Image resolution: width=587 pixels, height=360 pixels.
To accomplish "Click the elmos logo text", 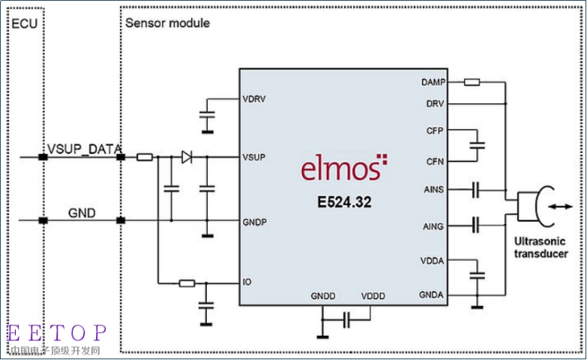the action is pos(343,167).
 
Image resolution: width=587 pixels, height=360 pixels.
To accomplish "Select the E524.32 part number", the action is pos(344,202).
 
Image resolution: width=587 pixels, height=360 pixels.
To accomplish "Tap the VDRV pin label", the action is pos(254,99).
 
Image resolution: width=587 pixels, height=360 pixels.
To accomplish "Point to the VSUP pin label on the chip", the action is pos(254,157).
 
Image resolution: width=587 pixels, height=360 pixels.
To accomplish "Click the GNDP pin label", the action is pos(255,222).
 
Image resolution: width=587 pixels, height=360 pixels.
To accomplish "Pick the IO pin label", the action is pos(247,282).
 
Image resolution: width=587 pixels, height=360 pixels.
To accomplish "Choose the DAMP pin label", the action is pos(433,82).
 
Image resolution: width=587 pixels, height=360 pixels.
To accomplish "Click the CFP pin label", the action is pos(435,130).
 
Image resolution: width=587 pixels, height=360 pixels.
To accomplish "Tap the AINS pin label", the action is pos(434,190).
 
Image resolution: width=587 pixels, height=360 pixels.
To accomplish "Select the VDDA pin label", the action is pos(432,261).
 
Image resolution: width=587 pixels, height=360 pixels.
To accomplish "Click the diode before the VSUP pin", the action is pos(187,157).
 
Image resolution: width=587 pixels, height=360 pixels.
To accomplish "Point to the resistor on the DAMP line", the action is pos(472,82).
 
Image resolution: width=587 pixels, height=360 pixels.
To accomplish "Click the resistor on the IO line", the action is pos(187,283).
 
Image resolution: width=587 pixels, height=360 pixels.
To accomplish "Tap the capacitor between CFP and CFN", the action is pos(477,145).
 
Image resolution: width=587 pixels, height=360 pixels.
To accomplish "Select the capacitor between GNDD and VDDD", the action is pos(346,320).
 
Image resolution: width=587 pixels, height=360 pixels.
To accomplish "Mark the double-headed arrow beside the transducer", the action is pos(561,206).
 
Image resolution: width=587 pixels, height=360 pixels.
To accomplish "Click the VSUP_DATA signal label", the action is pos(84,148).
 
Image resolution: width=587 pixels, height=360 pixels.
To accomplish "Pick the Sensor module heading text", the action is pos(167,22).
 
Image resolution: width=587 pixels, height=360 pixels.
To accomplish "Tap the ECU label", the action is pos(24,23).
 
